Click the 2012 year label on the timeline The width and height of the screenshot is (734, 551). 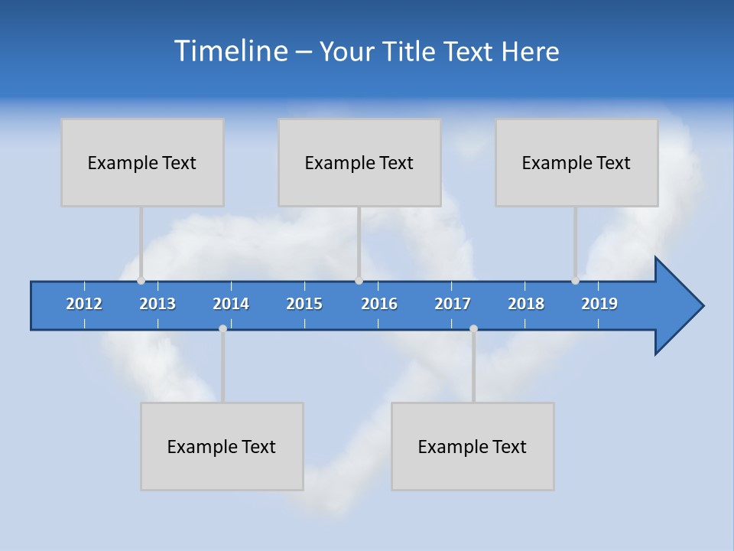pyautogui.click(x=84, y=304)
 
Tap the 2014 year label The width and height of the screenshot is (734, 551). pyautogui.click(x=231, y=304)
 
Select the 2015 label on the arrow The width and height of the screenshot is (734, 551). pyautogui.click(x=304, y=304)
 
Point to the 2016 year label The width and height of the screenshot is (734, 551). pyautogui.click(x=379, y=304)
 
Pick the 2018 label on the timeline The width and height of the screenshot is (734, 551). pyautogui.click(x=526, y=304)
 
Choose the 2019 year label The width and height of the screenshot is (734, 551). pyautogui.click(x=599, y=304)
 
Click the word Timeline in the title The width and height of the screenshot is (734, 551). pyautogui.click(x=229, y=51)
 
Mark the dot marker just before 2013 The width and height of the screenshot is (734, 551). pyautogui.click(x=141, y=281)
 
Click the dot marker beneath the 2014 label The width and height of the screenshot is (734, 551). pyautogui.click(x=222, y=329)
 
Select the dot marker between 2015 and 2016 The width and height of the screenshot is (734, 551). pyautogui.click(x=359, y=281)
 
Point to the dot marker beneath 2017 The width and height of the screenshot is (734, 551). pyautogui.click(x=473, y=329)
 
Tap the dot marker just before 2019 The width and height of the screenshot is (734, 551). pyautogui.click(x=575, y=281)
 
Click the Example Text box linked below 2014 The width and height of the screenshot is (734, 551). pyautogui.click(x=222, y=446)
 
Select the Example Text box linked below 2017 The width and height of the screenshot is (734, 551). pyautogui.click(x=473, y=446)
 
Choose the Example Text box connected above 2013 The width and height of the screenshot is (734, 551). pyautogui.click(x=142, y=162)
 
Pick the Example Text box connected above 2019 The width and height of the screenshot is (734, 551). pyautogui.click(x=576, y=162)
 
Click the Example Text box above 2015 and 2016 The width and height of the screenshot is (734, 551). pyautogui.click(x=359, y=162)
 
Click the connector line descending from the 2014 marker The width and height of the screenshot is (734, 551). pyautogui.click(x=222, y=367)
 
